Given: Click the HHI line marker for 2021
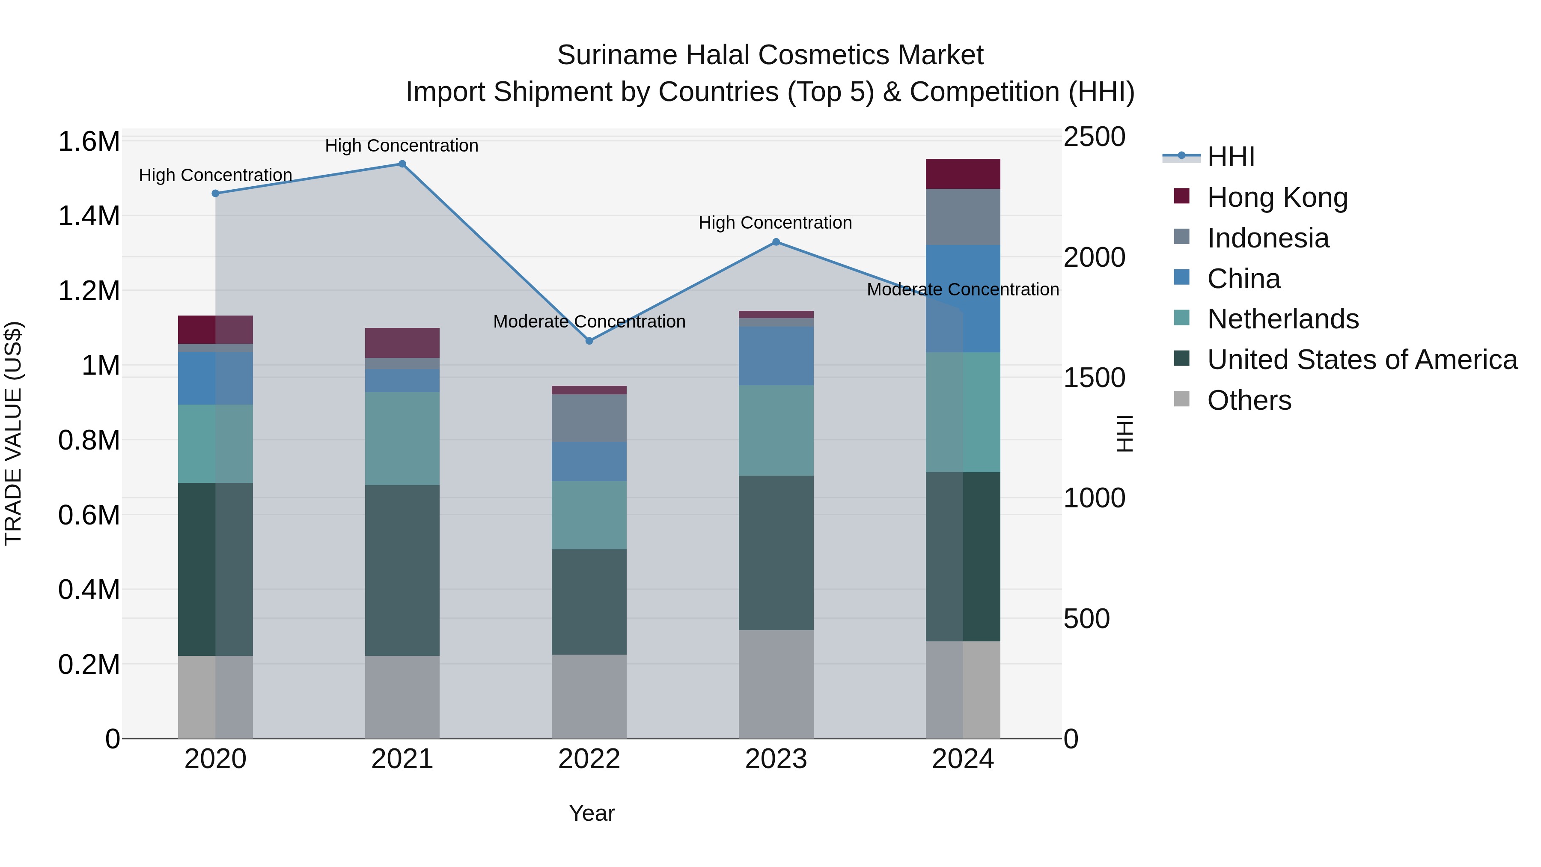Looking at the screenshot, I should point(402,164).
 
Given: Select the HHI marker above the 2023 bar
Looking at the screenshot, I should point(776,242).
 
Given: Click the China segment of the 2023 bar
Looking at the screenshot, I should point(776,356).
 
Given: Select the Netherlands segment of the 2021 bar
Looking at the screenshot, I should point(402,438).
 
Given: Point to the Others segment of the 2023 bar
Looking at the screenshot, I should point(776,684).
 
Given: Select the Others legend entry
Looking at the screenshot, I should point(1249,400).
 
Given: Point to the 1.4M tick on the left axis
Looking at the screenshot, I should point(89,216).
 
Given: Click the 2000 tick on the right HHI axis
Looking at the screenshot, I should point(1094,258).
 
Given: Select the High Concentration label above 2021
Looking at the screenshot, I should point(402,146).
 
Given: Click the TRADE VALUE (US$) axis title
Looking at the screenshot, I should point(13,433).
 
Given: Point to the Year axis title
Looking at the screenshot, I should point(592,813).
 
